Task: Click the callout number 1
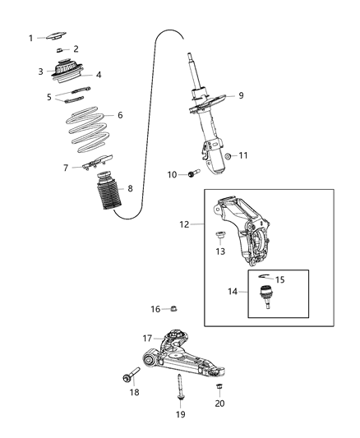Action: pos(31,38)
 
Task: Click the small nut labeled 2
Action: pos(60,50)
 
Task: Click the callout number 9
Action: pos(241,95)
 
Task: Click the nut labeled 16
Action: pos(174,309)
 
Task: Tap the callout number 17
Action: pos(147,338)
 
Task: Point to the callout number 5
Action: pos(48,96)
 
